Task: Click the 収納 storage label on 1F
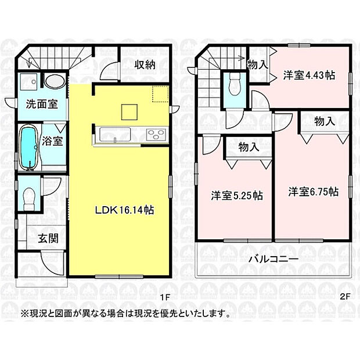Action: (x=145, y=64)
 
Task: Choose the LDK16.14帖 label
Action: (x=124, y=211)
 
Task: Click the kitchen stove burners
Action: (x=156, y=135)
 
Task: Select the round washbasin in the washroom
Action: (x=55, y=81)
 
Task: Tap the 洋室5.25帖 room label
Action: (x=236, y=196)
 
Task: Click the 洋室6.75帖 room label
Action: (x=314, y=192)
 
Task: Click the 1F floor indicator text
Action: (x=165, y=297)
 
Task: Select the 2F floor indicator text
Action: (x=345, y=297)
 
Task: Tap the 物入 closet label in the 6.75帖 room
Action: (x=325, y=122)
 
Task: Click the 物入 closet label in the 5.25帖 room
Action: (x=249, y=147)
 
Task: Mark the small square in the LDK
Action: (x=129, y=110)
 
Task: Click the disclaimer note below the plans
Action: (x=125, y=314)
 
